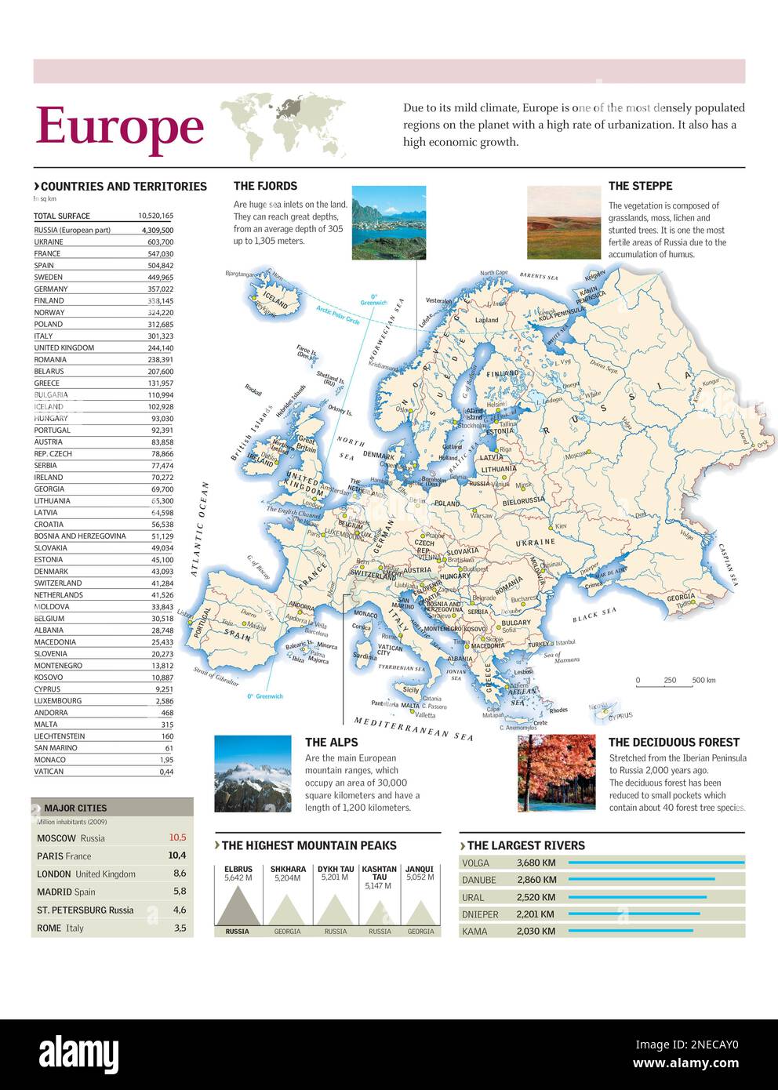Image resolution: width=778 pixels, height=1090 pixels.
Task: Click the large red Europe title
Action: coord(119,127)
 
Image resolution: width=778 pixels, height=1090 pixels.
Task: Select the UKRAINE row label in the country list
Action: coord(49,242)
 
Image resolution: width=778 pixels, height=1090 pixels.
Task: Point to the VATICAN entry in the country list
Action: coord(49,772)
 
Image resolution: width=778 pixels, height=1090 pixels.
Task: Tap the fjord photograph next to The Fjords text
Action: coord(388,223)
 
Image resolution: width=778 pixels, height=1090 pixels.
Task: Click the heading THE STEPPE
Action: coord(640,186)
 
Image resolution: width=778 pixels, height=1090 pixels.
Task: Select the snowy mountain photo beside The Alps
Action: coord(253,773)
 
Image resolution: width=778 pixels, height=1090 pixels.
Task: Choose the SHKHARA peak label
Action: coord(288,869)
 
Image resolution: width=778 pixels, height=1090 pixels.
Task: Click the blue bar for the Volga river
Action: coord(656,863)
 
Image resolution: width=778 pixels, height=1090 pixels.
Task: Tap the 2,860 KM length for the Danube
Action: coord(536,881)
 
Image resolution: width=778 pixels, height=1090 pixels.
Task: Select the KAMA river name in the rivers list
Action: coord(474,932)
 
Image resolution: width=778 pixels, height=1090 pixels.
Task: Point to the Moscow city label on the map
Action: coord(576,454)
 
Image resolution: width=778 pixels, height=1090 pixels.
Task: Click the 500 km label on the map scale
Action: coord(703,680)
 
